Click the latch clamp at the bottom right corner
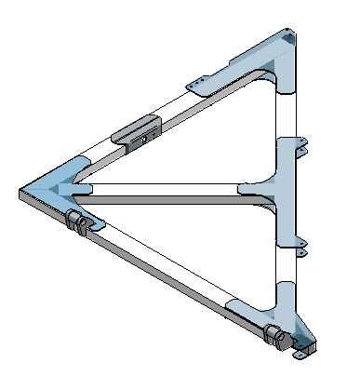(276, 334)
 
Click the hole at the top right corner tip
(295, 39)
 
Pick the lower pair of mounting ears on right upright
(296, 244)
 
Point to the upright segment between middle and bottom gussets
(287, 251)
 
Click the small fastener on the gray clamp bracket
(144, 138)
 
